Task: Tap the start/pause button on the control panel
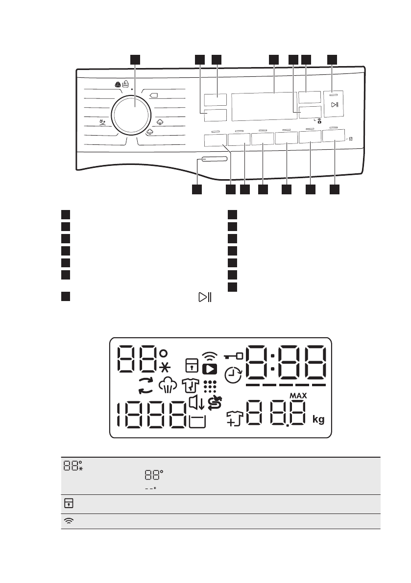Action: pyautogui.click(x=334, y=105)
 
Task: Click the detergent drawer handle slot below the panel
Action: pyautogui.click(x=214, y=160)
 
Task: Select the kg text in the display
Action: pyautogui.click(x=318, y=420)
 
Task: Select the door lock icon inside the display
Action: pyautogui.click(x=190, y=365)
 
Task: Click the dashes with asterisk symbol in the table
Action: pyautogui.click(x=153, y=488)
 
